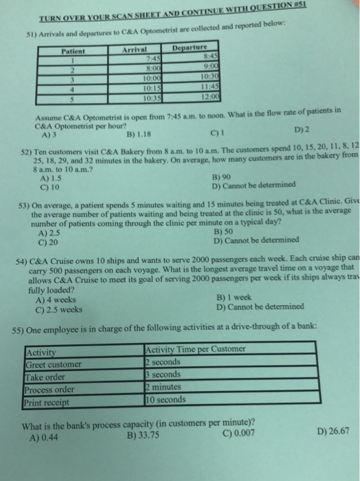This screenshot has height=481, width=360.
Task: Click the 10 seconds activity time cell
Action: [167, 399]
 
